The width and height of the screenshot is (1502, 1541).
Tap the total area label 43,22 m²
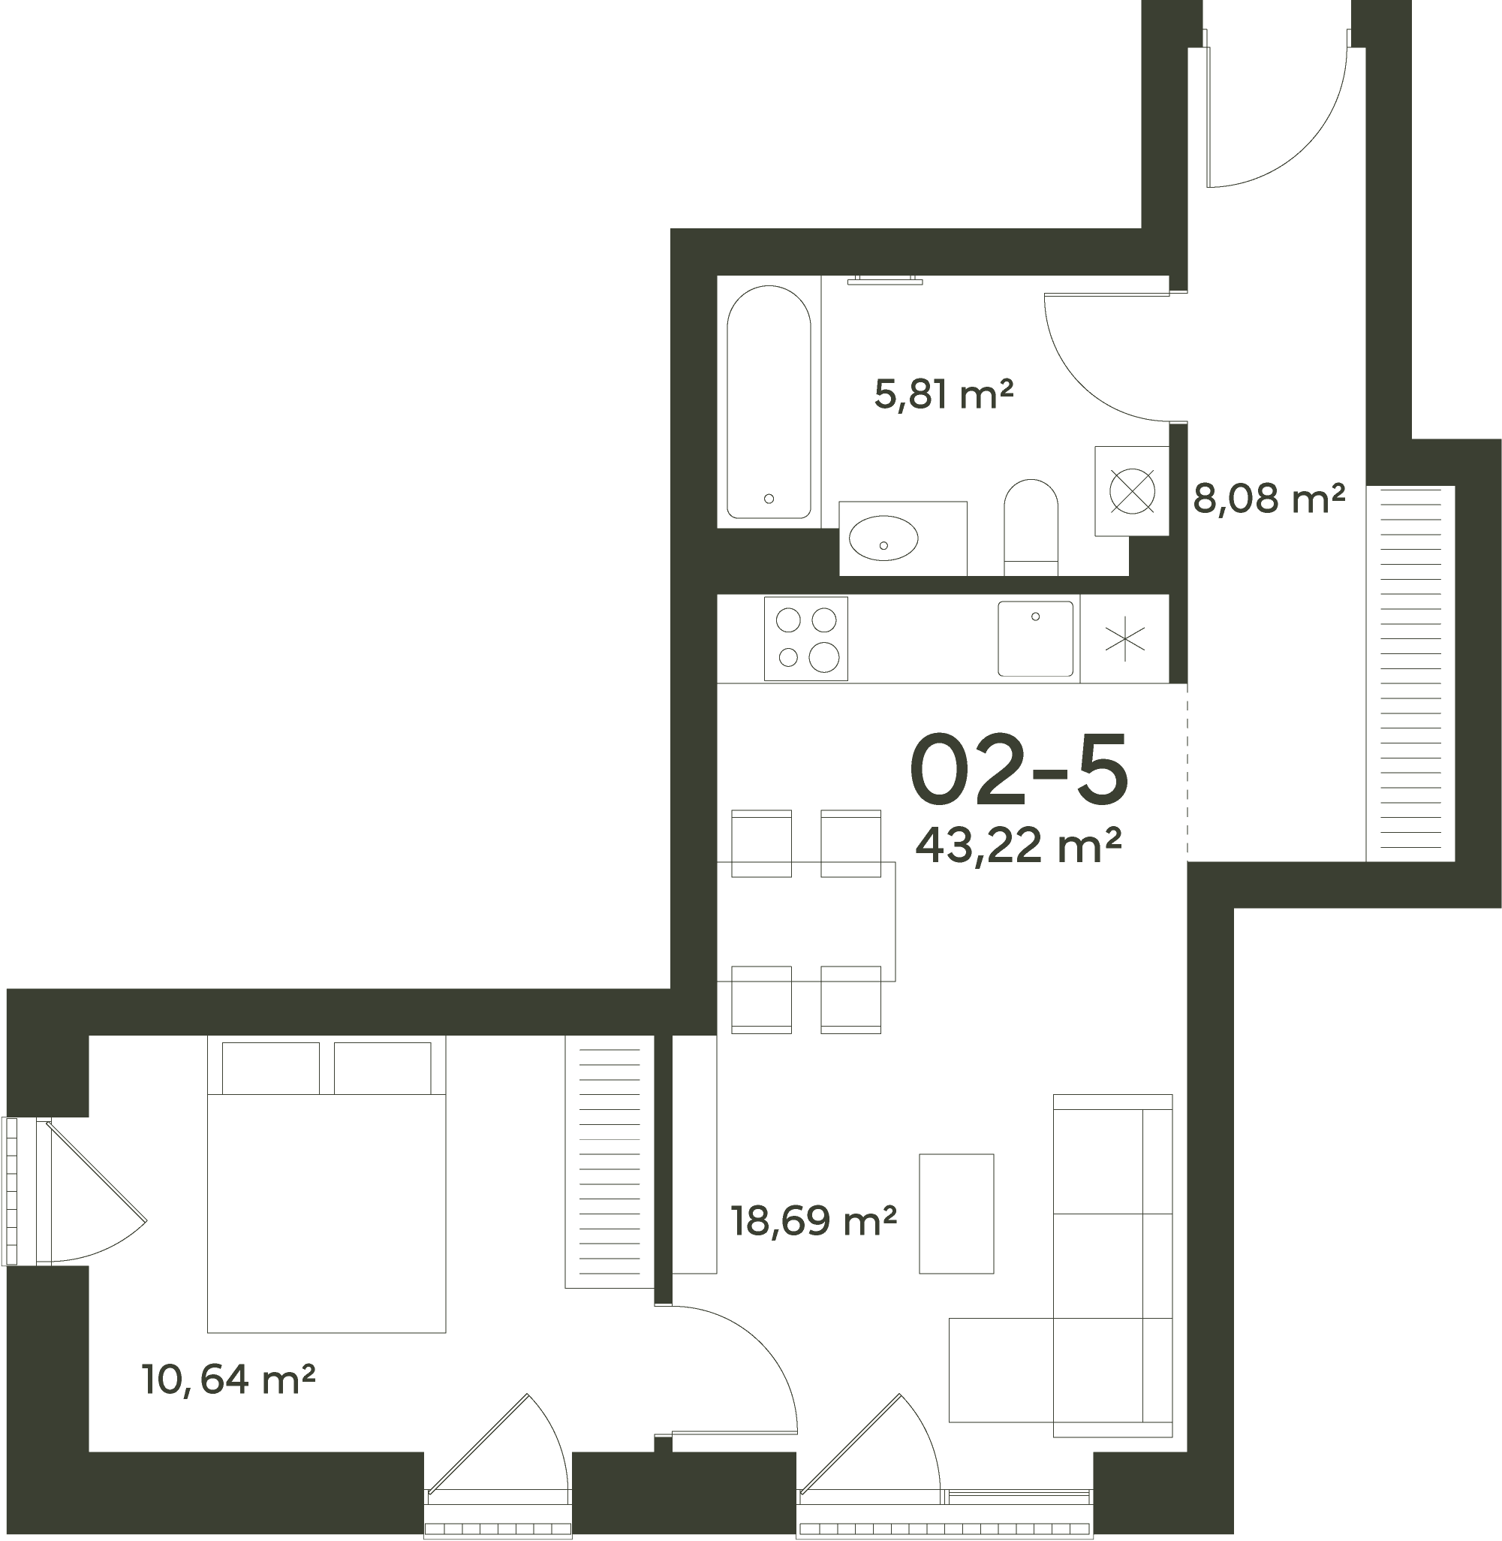tap(1019, 845)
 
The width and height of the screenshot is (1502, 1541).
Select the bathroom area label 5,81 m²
tap(944, 394)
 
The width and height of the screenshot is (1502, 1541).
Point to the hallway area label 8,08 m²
tap(1269, 498)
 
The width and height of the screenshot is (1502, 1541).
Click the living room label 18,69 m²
tap(814, 1220)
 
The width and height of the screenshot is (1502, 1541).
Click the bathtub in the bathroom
tap(769, 402)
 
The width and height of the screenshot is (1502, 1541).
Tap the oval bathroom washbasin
tap(883, 538)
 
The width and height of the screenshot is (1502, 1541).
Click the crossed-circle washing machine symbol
tap(1132, 491)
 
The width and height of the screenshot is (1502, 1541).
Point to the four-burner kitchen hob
tap(805, 638)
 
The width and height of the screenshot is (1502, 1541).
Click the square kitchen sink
tap(1035, 638)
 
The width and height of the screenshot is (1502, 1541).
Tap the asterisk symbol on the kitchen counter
tap(1125, 638)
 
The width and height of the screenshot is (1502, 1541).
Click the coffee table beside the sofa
tap(956, 1214)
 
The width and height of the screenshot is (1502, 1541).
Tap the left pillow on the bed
tap(270, 1069)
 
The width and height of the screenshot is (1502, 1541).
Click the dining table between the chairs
tap(806, 921)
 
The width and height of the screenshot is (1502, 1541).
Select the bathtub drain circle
tap(769, 499)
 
